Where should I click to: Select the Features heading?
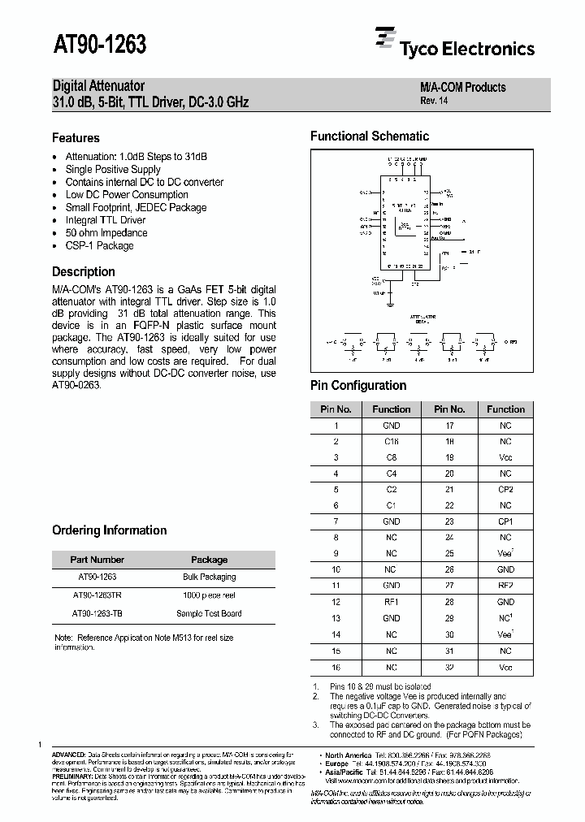76,138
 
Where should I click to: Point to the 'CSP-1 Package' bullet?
99,245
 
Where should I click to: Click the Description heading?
83,272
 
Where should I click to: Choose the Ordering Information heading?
109,530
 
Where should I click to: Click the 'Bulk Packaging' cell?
209,577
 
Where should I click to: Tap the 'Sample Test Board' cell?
209,613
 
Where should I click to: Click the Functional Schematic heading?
369,136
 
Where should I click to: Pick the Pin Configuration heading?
358,386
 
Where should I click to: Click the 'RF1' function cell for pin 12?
391,602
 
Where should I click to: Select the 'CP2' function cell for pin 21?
505,490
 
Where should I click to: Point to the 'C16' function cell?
391,441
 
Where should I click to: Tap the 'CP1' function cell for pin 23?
505,521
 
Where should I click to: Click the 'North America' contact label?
349,755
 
